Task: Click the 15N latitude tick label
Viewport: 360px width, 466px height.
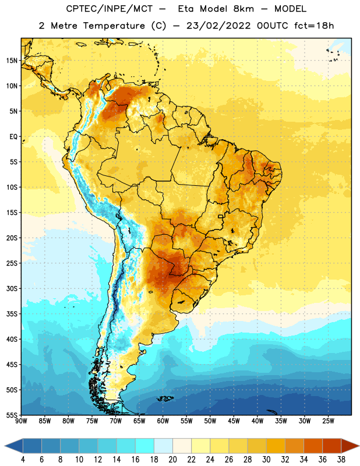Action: (x=12, y=61)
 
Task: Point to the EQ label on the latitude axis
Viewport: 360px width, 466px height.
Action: (x=13, y=137)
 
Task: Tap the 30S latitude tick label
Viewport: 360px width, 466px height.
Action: (x=12, y=288)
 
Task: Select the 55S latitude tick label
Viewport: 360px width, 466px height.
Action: (x=12, y=415)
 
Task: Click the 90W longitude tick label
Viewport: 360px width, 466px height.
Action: (x=22, y=421)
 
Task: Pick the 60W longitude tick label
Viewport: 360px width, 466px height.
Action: (x=163, y=421)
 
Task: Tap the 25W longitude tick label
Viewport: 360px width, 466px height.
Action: (x=328, y=421)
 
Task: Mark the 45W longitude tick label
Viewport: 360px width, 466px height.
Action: (x=234, y=421)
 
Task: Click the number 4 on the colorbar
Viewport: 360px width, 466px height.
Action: (x=23, y=460)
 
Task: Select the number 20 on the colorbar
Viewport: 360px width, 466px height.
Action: (x=172, y=460)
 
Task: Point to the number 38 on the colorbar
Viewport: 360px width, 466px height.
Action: (x=341, y=460)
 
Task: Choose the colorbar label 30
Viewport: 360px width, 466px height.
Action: (x=266, y=460)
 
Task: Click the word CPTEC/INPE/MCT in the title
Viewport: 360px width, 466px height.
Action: (x=109, y=9)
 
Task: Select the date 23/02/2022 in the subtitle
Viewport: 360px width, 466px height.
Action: (x=218, y=26)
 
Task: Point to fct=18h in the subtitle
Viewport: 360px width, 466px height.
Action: (x=314, y=26)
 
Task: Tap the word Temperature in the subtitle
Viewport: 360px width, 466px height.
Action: (x=114, y=26)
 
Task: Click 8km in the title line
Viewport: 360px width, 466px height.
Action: (x=243, y=9)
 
